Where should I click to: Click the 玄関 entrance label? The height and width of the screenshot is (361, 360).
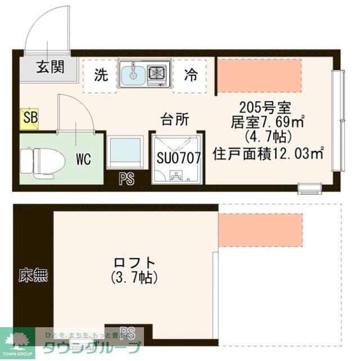click(x=51, y=68)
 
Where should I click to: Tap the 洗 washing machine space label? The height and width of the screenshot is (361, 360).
click(x=101, y=75)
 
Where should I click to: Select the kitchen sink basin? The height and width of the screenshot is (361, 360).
click(x=133, y=74)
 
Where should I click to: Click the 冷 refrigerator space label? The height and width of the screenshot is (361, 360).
click(x=191, y=75)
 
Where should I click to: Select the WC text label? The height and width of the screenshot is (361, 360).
click(x=84, y=159)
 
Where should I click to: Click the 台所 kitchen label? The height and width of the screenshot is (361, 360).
click(x=175, y=119)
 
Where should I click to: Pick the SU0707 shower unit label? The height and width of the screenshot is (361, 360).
click(x=179, y=158)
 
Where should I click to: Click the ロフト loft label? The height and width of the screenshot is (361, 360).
click(x=134, y=262)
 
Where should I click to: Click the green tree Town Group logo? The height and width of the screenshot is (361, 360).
click(x=17, y=340)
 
